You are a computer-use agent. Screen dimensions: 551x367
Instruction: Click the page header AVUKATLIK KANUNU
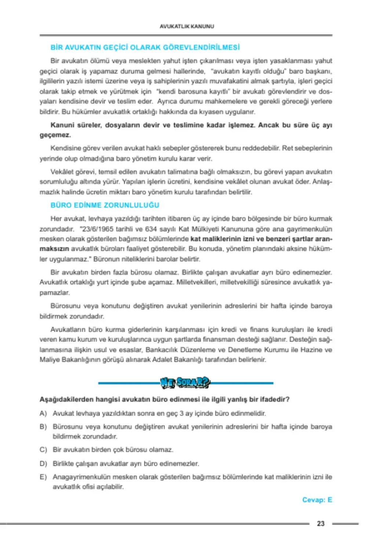(187, 26)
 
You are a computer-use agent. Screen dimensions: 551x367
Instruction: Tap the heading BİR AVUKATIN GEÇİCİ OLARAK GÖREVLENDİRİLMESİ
(145, 47)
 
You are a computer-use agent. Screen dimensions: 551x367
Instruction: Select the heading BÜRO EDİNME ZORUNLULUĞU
(105, 205)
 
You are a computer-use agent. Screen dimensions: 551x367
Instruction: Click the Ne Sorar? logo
(185, 383)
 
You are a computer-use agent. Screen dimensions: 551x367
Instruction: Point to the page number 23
(321, 523)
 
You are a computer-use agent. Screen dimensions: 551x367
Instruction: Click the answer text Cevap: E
(317, 500)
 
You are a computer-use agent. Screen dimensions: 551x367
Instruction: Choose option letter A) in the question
(43, 413)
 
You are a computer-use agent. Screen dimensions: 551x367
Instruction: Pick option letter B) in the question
(43, 426)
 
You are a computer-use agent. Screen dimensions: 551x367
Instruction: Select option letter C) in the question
(43, 450)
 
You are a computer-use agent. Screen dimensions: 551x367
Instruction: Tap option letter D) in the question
(43, 464)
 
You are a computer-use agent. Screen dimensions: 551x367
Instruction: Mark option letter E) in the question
(43, 477)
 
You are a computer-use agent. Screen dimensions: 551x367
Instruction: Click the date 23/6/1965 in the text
(96, 229)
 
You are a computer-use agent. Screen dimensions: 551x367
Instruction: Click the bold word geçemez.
(55, 135)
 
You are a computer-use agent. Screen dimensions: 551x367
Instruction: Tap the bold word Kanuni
(62, 125)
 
